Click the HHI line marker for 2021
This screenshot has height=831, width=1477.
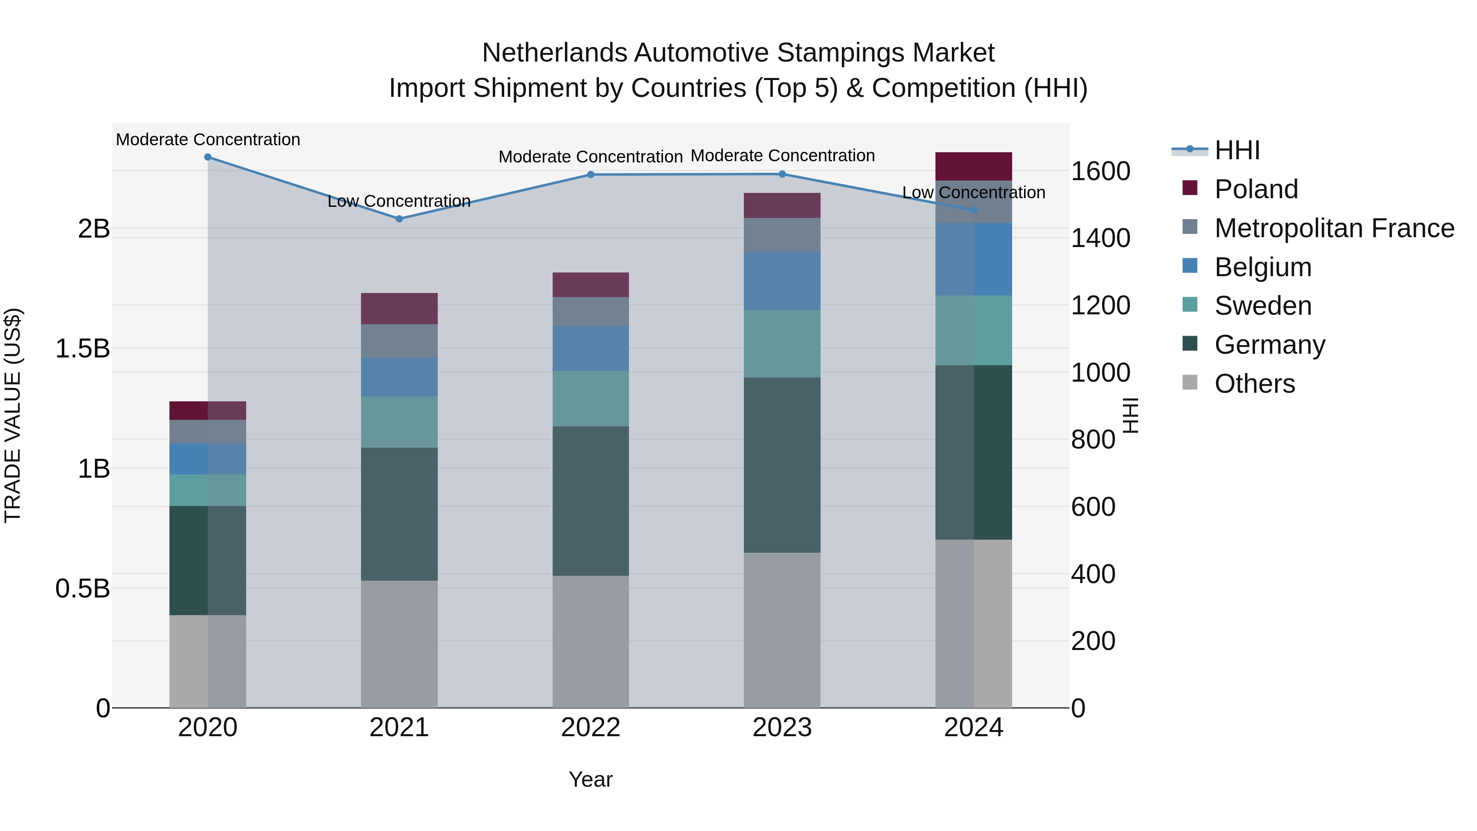coord(399,218)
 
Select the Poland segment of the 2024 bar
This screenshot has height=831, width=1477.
coord(973,166)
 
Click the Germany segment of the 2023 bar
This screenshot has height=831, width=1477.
coord(782,465)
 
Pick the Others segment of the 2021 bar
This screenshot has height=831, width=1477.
coord(399,643)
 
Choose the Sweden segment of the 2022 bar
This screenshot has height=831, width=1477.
coord(590,398)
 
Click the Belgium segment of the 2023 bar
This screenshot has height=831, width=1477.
coord(782,281)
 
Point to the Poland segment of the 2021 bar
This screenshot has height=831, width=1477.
coord(399,309)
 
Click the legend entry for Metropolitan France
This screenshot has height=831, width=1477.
coord(1334,228)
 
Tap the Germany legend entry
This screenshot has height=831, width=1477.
coord(1269,345)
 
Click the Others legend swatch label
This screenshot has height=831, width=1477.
coord(1255,384)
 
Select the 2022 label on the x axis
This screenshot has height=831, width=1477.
coord(590,728)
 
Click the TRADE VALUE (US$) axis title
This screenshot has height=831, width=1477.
coord(13,415)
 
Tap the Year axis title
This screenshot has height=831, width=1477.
coord(590,779)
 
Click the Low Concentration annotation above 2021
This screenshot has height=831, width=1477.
coord(399,201)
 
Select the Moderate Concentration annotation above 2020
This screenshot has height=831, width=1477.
coord(208,140)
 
